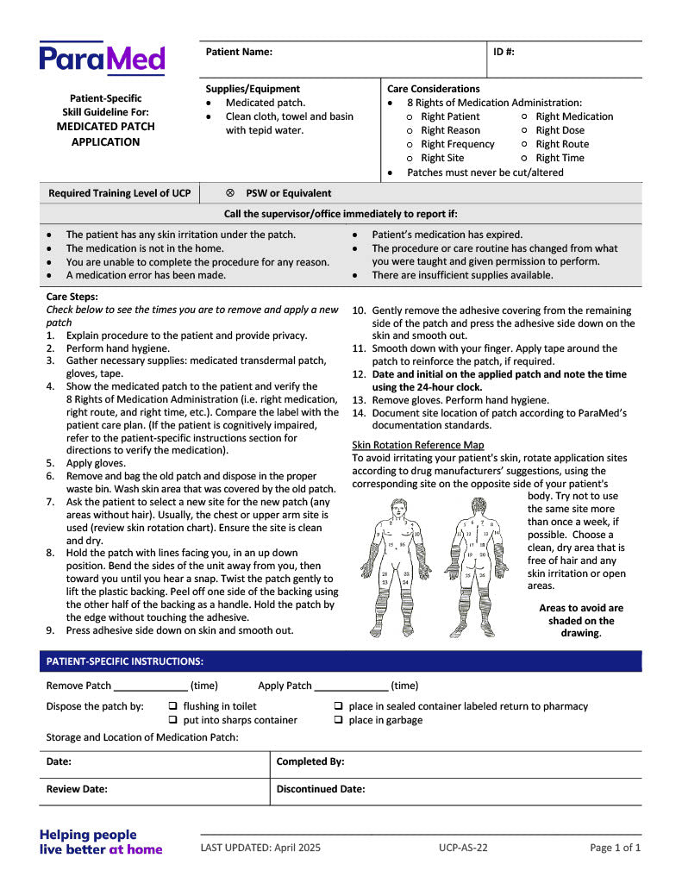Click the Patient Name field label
(x=239, y=52)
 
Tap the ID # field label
(x=504, y=52)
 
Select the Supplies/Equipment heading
(x=253, y=89)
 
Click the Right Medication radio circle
(x=525, y=116)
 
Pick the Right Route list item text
(x=562, y=144)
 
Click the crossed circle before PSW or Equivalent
(x=230, y=193)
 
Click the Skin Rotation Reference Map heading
(x=418, y=445)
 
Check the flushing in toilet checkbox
(x=172, y=706)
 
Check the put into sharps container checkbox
(x=172, y=720)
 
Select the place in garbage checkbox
(x=338, y=720)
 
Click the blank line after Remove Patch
(x=151, y=686)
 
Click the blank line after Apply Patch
(x=351, y=686)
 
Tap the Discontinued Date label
(x=321, y=789)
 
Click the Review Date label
(x=77, y=789)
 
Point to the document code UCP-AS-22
(x=463, y=848)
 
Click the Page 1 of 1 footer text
(x=616, y=848)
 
